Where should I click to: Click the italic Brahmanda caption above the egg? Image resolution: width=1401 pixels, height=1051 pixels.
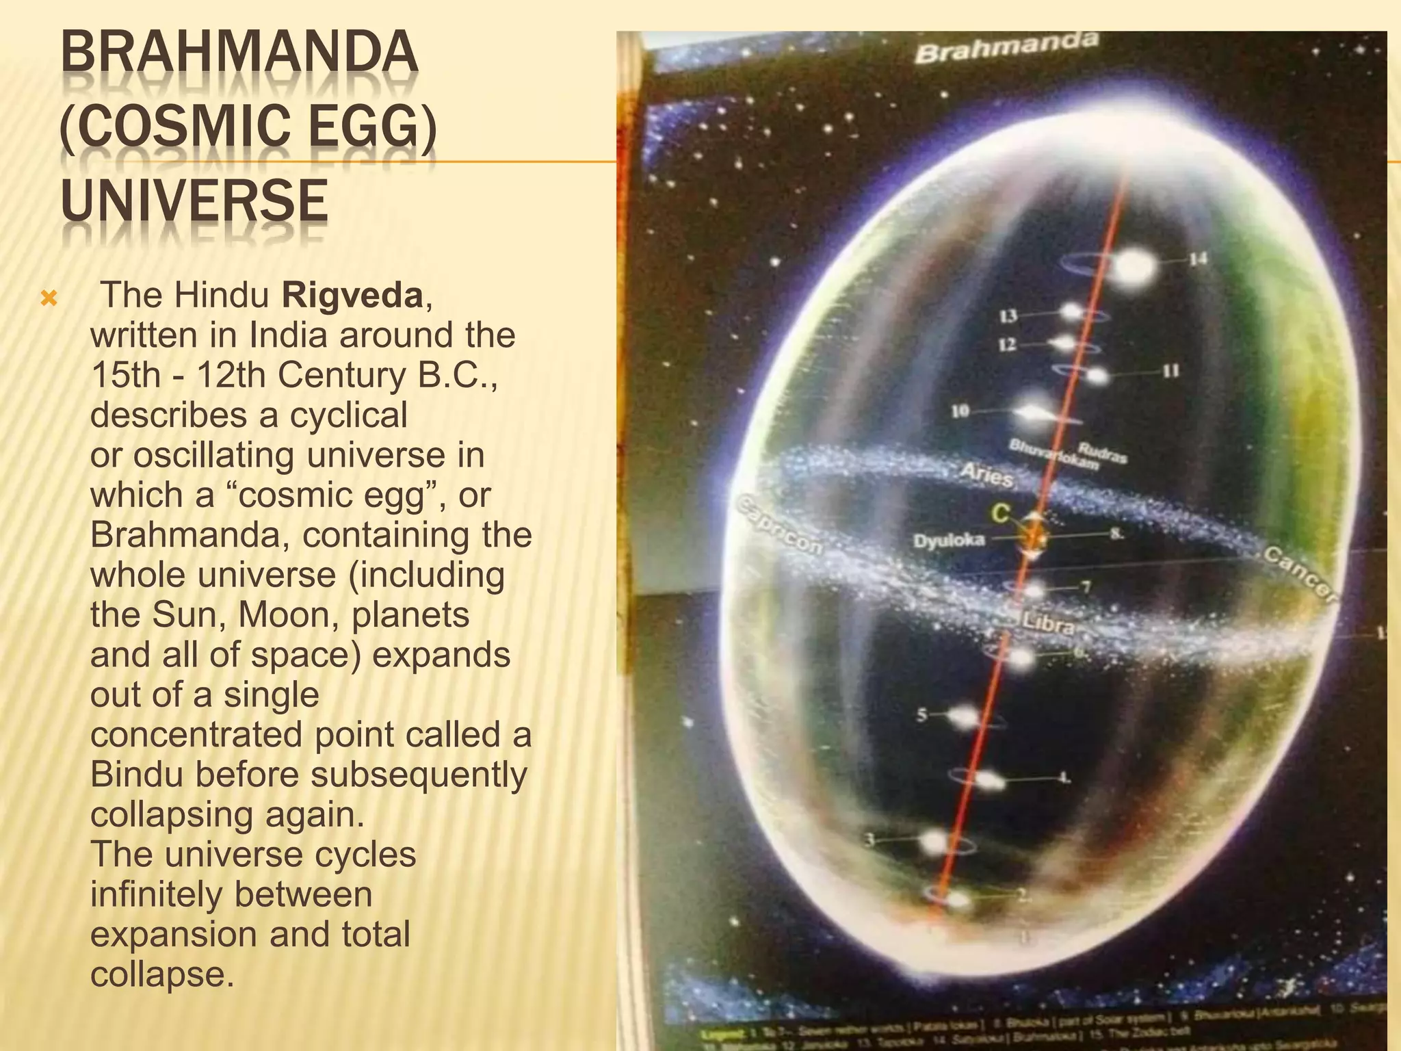coord(1006,47)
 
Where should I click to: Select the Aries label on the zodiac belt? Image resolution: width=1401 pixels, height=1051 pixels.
coord(986,474)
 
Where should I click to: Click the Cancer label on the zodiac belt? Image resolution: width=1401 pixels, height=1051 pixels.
coord(1299,575)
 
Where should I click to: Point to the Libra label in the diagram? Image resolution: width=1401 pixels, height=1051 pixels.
coord(1047,625)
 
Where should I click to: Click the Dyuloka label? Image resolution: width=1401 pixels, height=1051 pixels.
coord(950,541)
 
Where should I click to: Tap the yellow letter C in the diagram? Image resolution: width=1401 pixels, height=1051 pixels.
coord(1000,513)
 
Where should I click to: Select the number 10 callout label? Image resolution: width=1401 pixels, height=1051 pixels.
coord(960,411)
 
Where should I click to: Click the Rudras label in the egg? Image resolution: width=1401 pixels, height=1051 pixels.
coord(1102,451)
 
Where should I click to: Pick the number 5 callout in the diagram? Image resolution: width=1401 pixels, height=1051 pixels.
coord(922,716)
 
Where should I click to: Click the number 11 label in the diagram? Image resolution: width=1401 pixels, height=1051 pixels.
coord(1170,371)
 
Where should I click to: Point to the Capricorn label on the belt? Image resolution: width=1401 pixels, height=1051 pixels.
coord(780,525)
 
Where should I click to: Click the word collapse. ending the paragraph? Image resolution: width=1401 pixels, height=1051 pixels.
coord(162,974)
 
